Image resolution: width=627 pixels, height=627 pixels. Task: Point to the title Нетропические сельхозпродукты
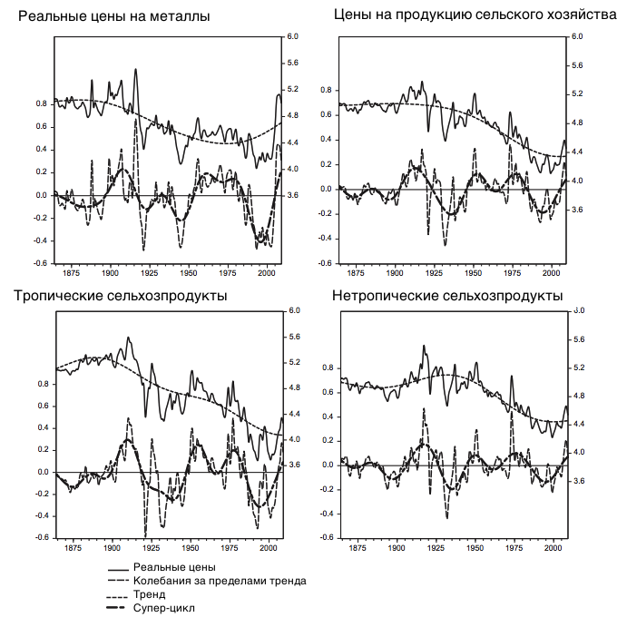coord(447,296)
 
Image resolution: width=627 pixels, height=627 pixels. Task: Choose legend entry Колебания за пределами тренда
coord(219,581)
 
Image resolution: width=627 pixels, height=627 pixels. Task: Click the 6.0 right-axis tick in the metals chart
coord(293,36)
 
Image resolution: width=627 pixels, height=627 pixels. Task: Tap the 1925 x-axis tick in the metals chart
coord(150,272)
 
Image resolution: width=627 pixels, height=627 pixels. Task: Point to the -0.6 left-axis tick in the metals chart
coord(41,263)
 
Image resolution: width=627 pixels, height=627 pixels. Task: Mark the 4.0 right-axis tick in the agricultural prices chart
coord(577,181)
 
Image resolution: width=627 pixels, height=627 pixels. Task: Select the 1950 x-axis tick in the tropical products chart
coord(190,547)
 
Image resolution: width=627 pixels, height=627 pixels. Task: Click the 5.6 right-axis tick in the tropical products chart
coord(293,337)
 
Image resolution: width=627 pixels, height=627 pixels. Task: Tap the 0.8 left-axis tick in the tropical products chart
coord(42,384)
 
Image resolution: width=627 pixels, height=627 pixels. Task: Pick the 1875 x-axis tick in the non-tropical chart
coord(357,549)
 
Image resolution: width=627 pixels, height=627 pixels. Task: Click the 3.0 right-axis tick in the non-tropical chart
coord(577,311)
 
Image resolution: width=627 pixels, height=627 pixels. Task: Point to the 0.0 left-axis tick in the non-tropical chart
coord(327,465)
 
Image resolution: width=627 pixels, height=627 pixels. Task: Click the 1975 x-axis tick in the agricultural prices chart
coord(513,272)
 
